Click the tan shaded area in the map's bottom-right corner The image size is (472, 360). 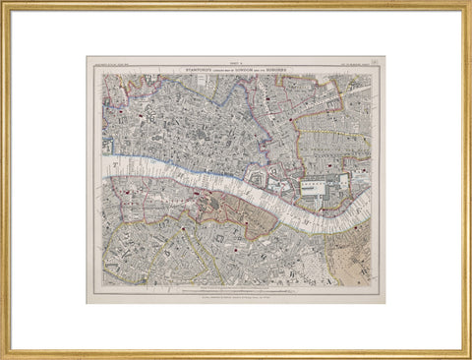352,263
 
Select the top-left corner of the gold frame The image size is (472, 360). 5,5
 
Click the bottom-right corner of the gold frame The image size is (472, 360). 466,354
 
